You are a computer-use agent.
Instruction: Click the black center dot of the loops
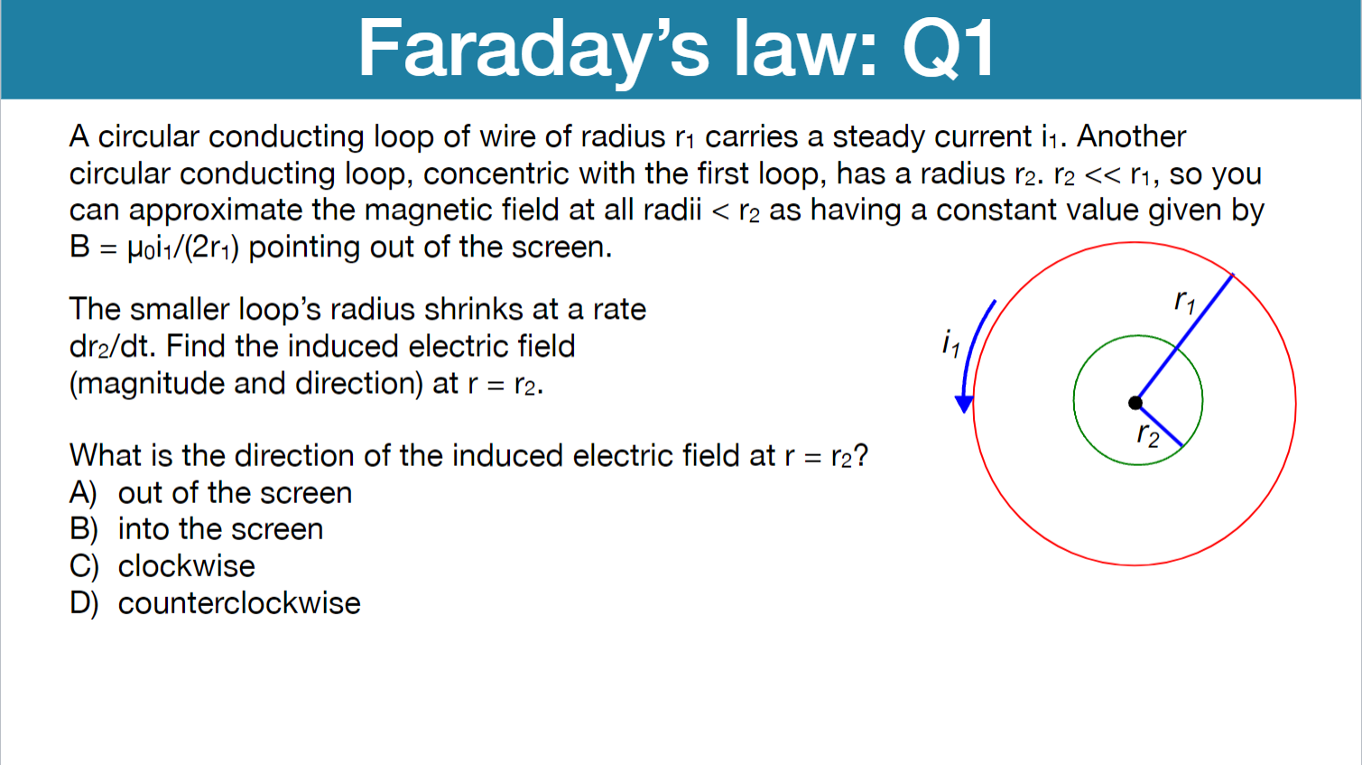point(1135,403)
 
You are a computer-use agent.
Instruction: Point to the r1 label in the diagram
point(1185,301)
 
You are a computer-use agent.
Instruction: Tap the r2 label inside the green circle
point(1147,435)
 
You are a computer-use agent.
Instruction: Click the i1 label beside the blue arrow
point(950,343)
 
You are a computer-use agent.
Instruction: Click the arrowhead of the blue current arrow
point(964,404)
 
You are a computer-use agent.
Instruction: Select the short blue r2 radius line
point(1161,425)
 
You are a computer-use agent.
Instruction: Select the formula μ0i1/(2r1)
point(183,247)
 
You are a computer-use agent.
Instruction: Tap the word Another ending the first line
point(1131,136)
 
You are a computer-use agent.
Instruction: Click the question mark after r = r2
point(860,455)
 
